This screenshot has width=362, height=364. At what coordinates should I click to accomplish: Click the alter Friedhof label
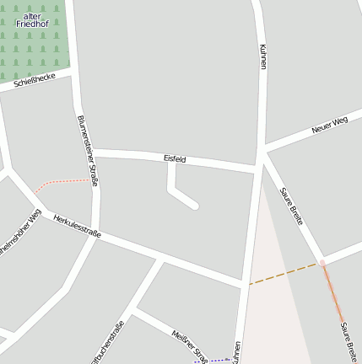click(33, 20)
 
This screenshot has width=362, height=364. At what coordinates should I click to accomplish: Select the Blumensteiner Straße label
click(88, 150)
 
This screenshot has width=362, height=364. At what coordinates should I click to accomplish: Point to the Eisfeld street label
click(175, 158)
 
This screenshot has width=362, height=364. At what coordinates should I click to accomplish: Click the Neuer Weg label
click(329, 126)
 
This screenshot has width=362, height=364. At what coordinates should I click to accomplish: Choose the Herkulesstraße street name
click(77, 226)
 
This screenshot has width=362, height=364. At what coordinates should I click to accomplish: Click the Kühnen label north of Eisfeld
click(263, 56)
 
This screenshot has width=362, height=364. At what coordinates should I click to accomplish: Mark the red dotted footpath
click(63, 182)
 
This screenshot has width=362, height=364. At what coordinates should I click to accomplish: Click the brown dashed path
click(284, 274)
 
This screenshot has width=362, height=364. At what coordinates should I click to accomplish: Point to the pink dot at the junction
click(322, 263)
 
